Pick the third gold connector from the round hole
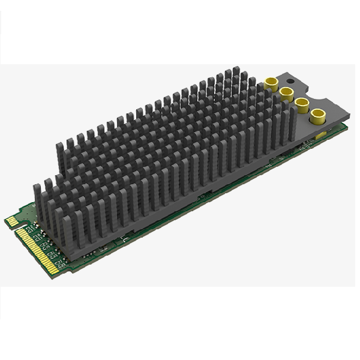pos(301,102)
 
